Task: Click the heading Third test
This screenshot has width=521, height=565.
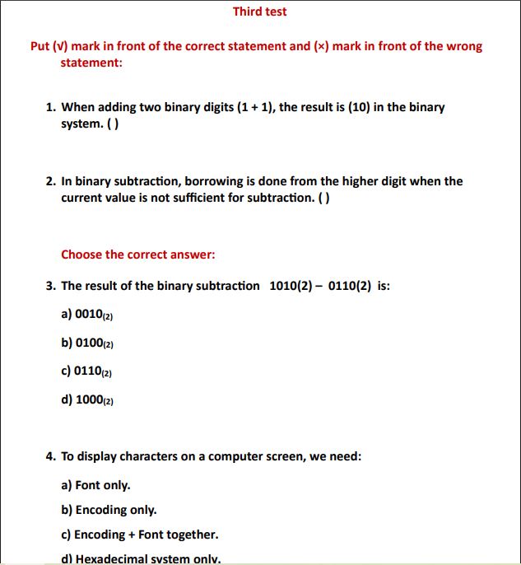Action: (x=259, y=12)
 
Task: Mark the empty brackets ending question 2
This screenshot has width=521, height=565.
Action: (x=325, y=198)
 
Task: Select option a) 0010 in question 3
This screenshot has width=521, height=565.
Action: (x=86, y=314)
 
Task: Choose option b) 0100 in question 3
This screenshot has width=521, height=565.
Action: (x=86, y=343)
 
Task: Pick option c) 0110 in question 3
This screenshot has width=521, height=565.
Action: (x=86, y=371)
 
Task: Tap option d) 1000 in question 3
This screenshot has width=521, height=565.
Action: (x=86, y=399)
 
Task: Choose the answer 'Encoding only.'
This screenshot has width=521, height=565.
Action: (x=109, y=510)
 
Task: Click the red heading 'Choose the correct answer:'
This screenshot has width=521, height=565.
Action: (x=138, y=254)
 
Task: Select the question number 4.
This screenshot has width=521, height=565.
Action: (x=51, y=455)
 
